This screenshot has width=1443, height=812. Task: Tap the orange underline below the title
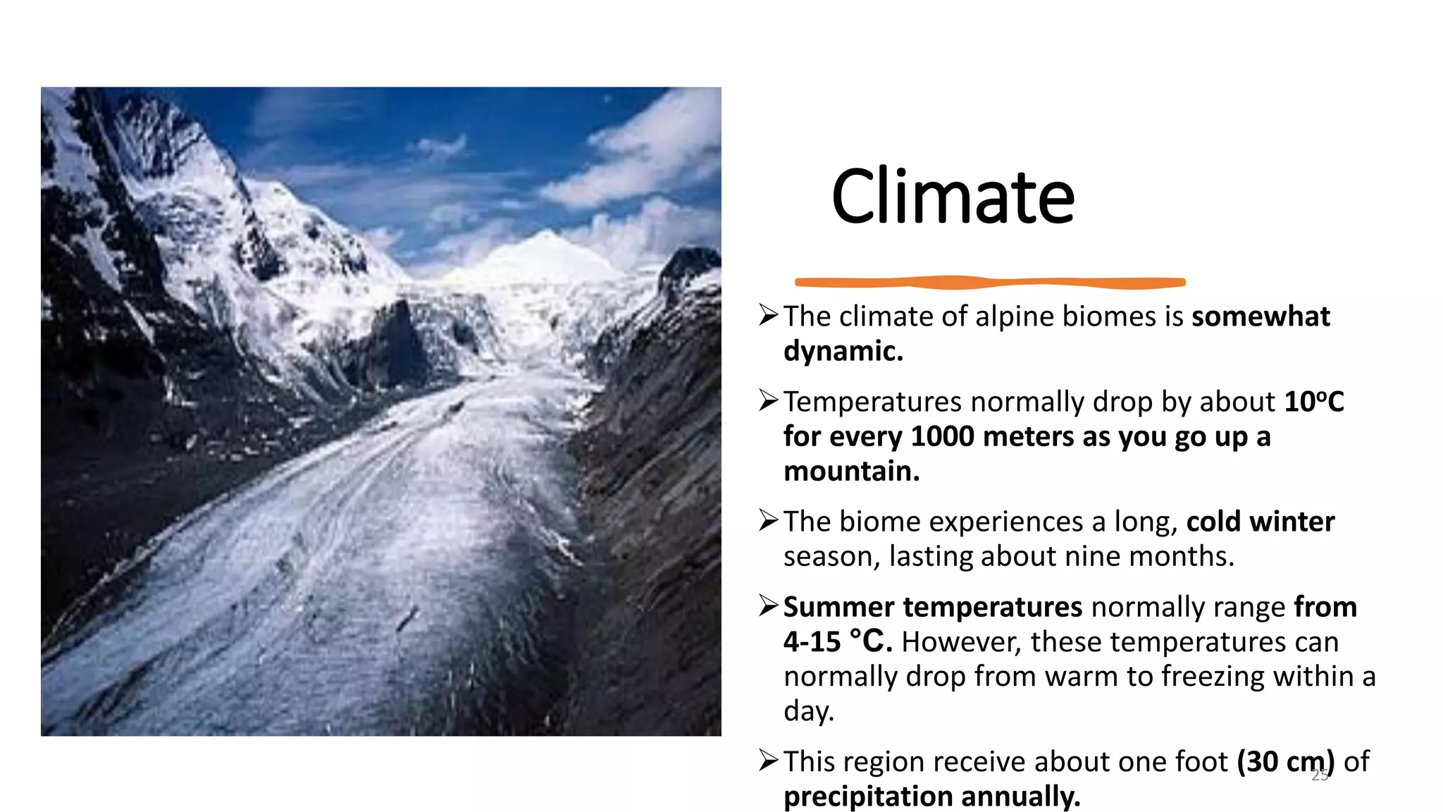[990, 283]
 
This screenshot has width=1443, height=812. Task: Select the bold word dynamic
[843, 351]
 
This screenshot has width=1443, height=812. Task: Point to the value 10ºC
[1314, 402]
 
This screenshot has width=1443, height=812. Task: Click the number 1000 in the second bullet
[942, 436]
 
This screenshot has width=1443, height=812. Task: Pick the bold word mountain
[851, 471]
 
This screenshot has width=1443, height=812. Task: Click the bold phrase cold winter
[1260, 522]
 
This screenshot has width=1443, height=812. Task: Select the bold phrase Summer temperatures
[932, 607]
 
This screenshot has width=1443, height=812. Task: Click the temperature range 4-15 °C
[838, 641]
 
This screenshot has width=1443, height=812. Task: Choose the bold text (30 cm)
[1285, 762]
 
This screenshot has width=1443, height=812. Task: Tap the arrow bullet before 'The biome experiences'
[768, 521]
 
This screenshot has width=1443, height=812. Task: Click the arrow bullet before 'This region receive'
[768, 761]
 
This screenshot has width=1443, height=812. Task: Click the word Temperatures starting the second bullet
[872, 402]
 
